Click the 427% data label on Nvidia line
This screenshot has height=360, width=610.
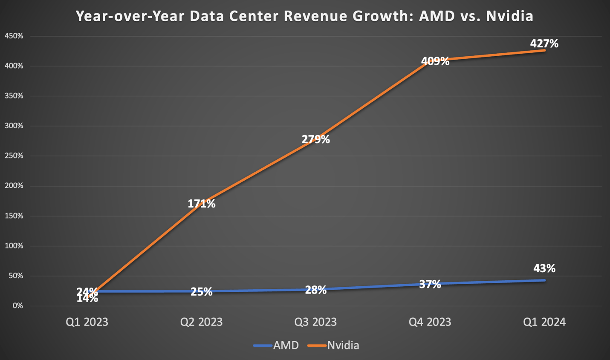(544, 43)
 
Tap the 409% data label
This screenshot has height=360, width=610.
(435, 61)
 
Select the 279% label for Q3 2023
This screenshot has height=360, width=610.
(315, 139)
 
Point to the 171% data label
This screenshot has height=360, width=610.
(202, 204)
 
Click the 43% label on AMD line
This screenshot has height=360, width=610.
(544, 268)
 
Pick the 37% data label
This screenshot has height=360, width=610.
(430, 284)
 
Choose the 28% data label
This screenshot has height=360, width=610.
(315, 290)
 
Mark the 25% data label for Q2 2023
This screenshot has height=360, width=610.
(201, 291)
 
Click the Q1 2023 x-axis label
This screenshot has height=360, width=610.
(87, 322)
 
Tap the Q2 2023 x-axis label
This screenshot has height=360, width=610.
(201, 322)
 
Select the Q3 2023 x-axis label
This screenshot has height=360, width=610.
(315, 322)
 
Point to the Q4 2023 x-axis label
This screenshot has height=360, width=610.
(430, 322)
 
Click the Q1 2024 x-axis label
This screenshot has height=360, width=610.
(544, 322)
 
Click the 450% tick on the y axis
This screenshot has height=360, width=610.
(14, 36)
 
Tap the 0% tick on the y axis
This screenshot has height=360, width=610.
(17, 306)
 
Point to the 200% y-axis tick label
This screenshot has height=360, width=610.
(14, 186)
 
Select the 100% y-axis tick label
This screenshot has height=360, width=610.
(14, 246)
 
